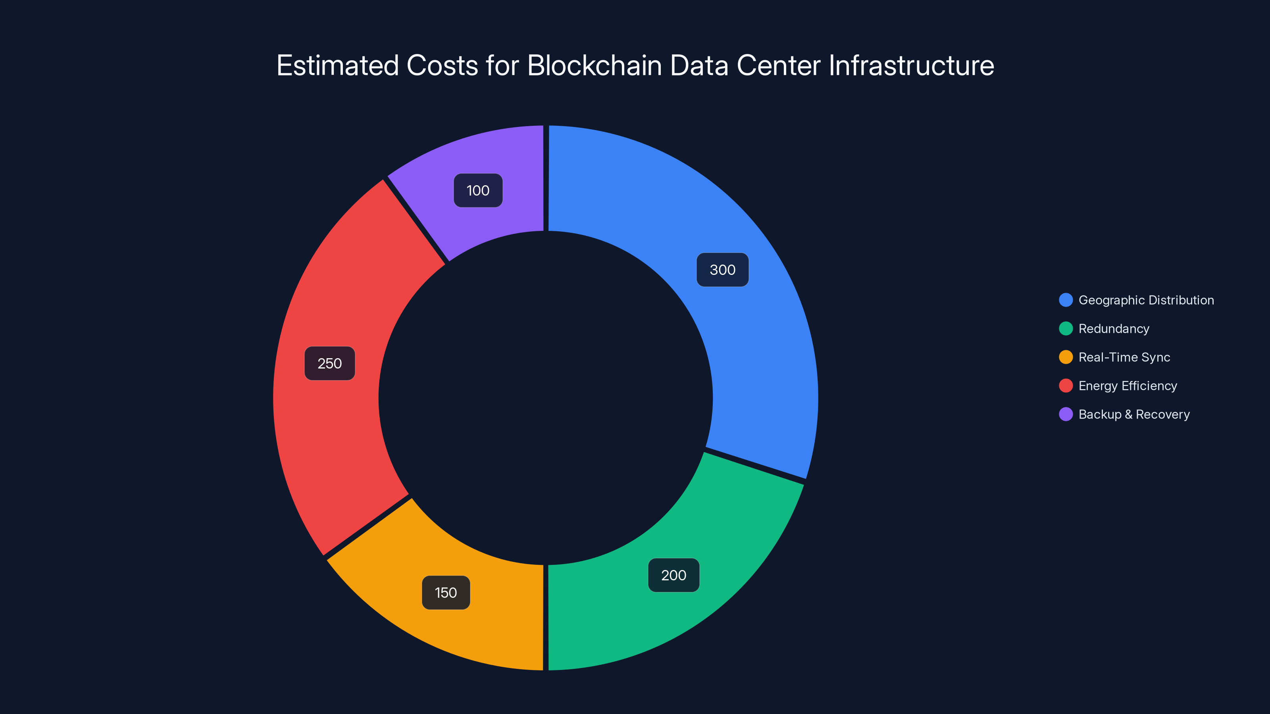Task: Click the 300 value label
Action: point(722,270)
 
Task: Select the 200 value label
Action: point(673,575)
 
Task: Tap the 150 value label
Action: point(446,592)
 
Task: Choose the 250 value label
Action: point(329,364)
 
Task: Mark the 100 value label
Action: point(478,191)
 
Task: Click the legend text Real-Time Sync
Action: point(1124,357)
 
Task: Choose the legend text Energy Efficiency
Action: point(1128,386)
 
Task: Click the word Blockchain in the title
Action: point(594,65)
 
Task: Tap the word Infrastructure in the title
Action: point(911,65)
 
